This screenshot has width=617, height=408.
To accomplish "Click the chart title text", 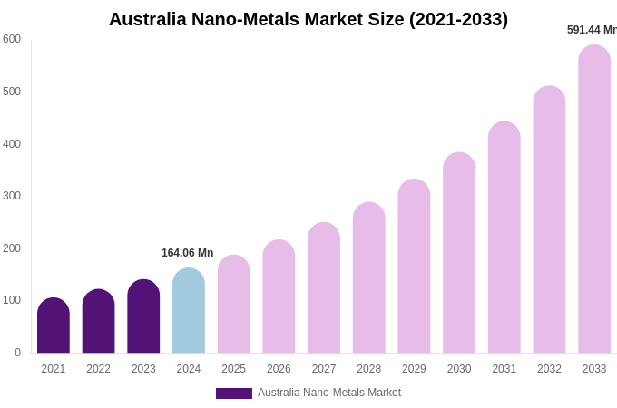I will click(x=308, y=19).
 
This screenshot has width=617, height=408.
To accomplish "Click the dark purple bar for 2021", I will click(x=54, y=325).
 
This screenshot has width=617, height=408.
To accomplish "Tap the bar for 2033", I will click(x=594, y=199).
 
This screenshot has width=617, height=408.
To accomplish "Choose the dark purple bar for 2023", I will click(x=143, y=316).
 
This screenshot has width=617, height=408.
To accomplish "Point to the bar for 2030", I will click(x=459, y=253).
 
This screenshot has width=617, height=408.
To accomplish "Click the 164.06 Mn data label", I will click(x=188, y=253).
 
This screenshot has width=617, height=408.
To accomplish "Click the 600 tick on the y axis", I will click(x=12, y=39).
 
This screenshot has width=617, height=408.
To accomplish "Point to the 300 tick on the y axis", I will click(x=12, y=196).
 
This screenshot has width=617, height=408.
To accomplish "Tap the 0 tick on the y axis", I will click(x=17, y=353).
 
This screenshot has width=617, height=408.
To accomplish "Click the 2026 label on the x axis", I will click(x=279, y=369).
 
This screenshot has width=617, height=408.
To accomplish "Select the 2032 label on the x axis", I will click(x=549, y=369).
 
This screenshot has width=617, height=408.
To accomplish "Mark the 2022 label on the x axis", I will click(x=99, y=369).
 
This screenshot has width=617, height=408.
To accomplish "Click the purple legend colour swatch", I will click(x=234, y=393).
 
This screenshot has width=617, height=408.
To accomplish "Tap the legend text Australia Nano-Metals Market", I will click(x=329, y=393).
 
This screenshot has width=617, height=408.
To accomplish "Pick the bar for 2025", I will click(x=234, y=305).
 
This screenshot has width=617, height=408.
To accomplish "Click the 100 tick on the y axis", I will click(x=12, y=300).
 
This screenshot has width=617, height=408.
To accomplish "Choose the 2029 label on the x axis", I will click(x=414, y=369).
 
